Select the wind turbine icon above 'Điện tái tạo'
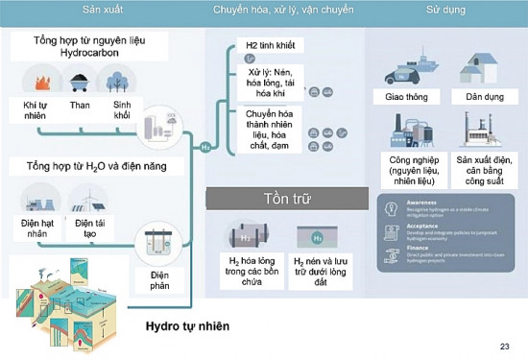(x=92, y=200)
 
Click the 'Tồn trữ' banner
(x=287, y=199)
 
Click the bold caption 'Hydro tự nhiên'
(x=187, y=326)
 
